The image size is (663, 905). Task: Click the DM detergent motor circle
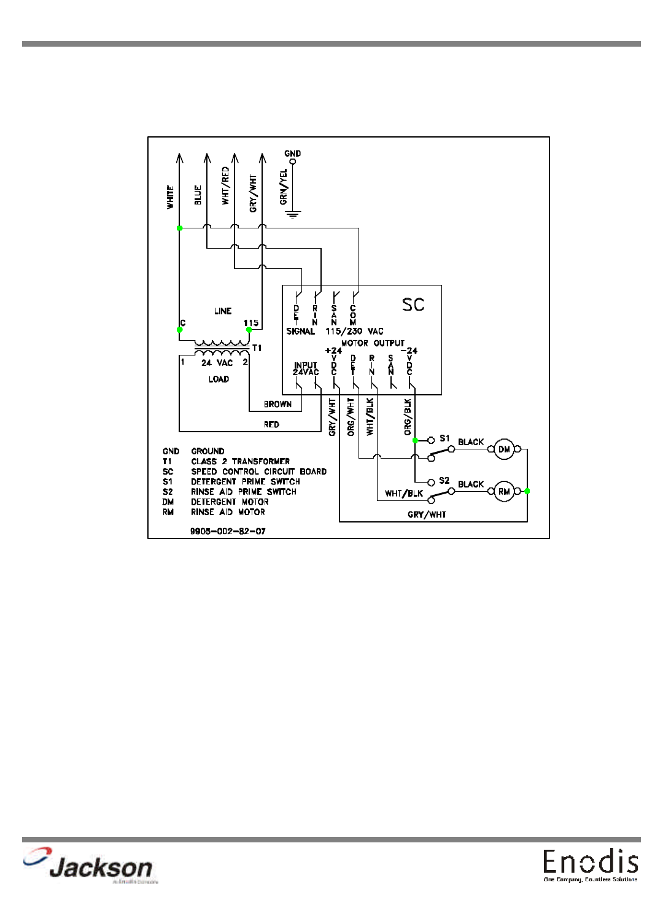(x=504, y=449)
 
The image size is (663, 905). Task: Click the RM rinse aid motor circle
(x=504, y=491)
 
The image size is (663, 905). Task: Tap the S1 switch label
(x=444, y=438)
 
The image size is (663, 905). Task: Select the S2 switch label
(x=444, y=481)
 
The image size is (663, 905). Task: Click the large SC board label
(x=413, y=305)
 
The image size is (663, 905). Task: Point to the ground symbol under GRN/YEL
(x=293, y=215)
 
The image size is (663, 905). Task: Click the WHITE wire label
(x=170, y=197)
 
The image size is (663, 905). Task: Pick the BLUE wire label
(x=198, y=195)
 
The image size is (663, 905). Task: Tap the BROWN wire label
(x=277, y=404)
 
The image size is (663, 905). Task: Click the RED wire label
(x=271, y=424)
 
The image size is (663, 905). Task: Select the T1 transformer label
(x=257, y=348)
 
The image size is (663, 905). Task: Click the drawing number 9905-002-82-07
(x=228, y=531)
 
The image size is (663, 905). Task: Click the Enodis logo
(x=590, y=864)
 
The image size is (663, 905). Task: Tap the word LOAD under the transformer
(x=219, y=379)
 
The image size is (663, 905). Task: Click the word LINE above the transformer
(x=223, y=311)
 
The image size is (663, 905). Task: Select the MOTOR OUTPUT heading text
(x=373, y=343)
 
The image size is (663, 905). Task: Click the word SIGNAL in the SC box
(x=300, y=331)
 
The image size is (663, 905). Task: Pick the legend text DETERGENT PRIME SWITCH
(x=245, y=481)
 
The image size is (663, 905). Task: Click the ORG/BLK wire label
(x=408, y=417)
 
